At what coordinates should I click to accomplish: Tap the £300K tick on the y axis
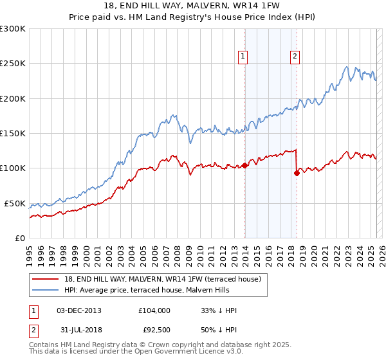[13, 29]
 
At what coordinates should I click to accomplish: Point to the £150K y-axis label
[13, 133]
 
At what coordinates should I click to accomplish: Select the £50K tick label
[15, 203]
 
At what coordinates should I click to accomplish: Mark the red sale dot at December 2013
[244, 165]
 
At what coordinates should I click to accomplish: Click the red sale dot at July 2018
[297, 173]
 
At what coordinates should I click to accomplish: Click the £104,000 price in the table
[154, 310]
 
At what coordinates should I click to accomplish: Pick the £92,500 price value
[156, 330]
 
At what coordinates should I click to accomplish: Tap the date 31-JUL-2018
[78, 330]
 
